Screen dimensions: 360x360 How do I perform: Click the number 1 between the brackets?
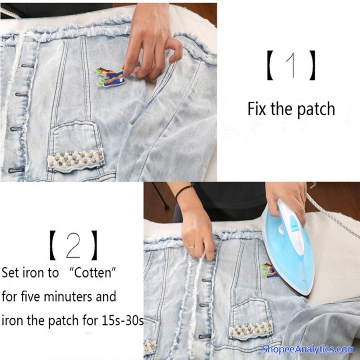tap(291, 65)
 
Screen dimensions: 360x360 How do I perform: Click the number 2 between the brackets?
tap(73, 245)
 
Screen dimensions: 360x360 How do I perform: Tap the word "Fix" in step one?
tap(257, 109)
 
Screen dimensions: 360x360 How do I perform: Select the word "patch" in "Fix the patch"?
tap(316, 109)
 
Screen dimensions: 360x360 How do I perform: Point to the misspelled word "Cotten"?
tap(92, 272)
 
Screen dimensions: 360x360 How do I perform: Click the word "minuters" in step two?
tap(68, 296)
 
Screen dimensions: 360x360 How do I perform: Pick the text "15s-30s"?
tap(123, 320)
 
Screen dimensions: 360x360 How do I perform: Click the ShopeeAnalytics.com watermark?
tap(308, 349)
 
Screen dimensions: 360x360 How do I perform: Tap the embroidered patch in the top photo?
tap(110, 77)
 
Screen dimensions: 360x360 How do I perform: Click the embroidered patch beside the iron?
tap(269, 270)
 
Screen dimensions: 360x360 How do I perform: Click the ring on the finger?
tap(191, 247)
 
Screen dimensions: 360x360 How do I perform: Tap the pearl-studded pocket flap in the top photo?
tap(76, 159)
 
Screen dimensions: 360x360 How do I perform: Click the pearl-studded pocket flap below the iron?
tap(251, 330)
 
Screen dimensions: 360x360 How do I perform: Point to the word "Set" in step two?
tap(10, 272)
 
